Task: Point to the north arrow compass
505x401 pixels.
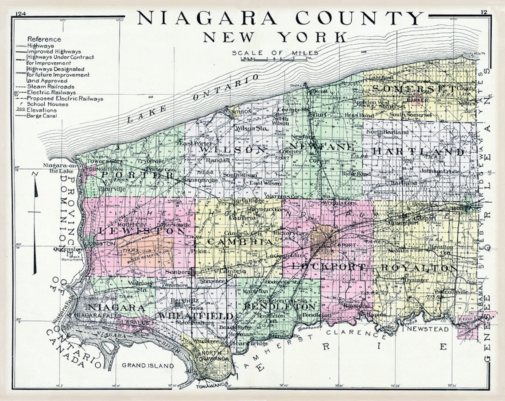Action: click(35, 221)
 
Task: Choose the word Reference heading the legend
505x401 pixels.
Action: click(44, 39)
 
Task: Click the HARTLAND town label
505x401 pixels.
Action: click(418, 152)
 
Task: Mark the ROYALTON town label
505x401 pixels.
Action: click(419, 268)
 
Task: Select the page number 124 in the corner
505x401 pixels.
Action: click(20, 13)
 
